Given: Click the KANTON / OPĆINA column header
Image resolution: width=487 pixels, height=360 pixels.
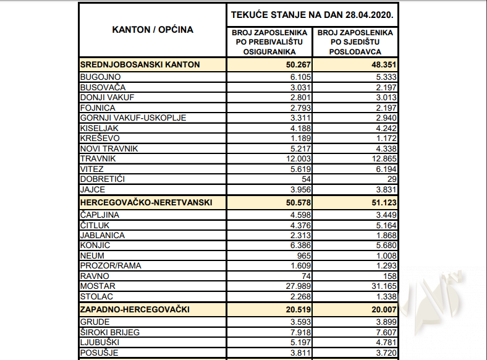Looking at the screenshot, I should coord(152,29).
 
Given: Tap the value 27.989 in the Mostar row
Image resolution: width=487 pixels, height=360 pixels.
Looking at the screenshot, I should coord(296,286).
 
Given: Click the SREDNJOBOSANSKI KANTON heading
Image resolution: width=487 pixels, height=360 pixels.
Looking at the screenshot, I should coord(140,64).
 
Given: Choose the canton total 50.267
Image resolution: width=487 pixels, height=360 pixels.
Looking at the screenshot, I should coord(295,64).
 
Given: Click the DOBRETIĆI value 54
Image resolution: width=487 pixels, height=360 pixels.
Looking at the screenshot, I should coord(303,179).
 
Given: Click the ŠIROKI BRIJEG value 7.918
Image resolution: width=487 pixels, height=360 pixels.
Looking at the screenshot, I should coord(299,332).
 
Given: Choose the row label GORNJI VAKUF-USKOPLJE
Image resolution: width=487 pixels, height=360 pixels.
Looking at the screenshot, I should coord(133,118).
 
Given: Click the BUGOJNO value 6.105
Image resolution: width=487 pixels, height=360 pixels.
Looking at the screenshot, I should coord(299,77).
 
